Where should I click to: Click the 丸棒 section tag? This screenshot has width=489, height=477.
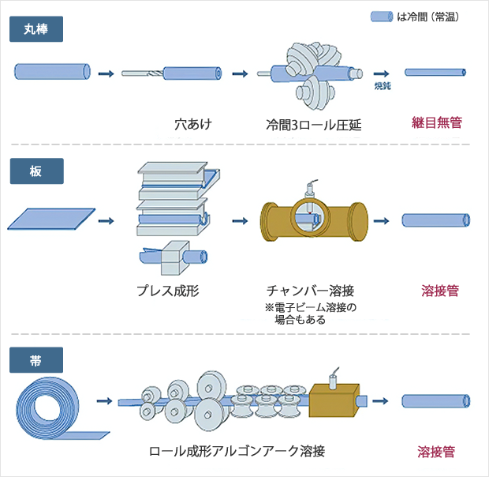click(x=35, y=29)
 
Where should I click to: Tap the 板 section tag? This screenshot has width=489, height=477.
click(x=35, y=171)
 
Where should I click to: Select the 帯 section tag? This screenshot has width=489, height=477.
click(x=35, y=361)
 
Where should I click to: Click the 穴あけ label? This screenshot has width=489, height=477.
click(x=193, y=124)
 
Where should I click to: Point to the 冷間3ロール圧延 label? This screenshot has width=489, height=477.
click(x=313, y=124)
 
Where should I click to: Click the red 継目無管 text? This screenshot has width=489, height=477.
click(x=436, y=123)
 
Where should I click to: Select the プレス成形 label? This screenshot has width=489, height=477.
click(x=167, y=291)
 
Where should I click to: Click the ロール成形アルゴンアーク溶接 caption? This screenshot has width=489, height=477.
click(x=237, y=452)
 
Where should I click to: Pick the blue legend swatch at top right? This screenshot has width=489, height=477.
click(x=382, y=16)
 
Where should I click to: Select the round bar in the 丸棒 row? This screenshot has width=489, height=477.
click(x=52, y=73)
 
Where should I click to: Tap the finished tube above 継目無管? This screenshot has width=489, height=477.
click(x=436, y=73)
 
